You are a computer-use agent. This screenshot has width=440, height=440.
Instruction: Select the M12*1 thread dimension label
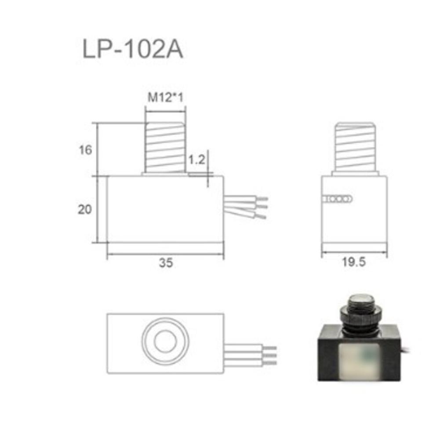[165, 98]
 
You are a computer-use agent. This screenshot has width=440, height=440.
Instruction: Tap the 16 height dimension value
[86, 150]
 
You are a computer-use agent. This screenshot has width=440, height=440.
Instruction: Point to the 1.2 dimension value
[196, 160]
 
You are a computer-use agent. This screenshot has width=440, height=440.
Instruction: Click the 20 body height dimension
[84, 210]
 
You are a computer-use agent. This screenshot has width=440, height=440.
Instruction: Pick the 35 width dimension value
[166, 263]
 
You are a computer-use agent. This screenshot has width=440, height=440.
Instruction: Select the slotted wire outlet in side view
[337, 199]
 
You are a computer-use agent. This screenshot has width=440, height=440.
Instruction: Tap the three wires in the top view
[251, 354]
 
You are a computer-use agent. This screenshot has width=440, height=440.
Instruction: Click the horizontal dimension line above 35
[165, 254]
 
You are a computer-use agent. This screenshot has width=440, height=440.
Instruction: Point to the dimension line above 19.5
[354, 252]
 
